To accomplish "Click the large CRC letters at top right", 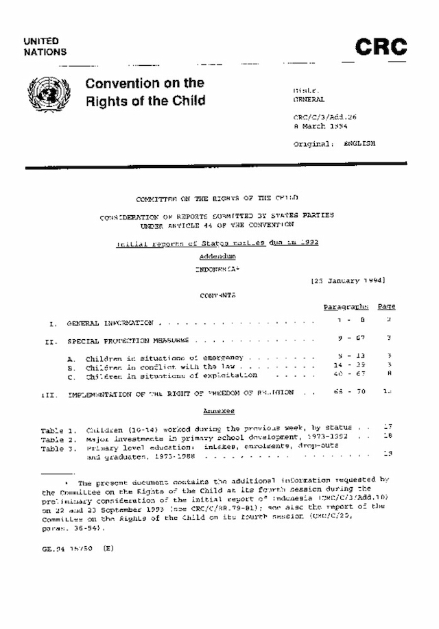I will (x=381, y=48).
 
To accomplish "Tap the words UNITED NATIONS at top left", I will (x=45, y=47).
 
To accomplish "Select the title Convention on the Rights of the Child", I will (x=145, y=92).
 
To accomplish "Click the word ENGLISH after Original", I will (x=359, y=145).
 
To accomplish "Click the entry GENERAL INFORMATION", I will (x=110, y=323).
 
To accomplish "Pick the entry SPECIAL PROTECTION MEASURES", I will (x=128, y=340).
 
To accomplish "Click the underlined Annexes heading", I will (x=219, y=411).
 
